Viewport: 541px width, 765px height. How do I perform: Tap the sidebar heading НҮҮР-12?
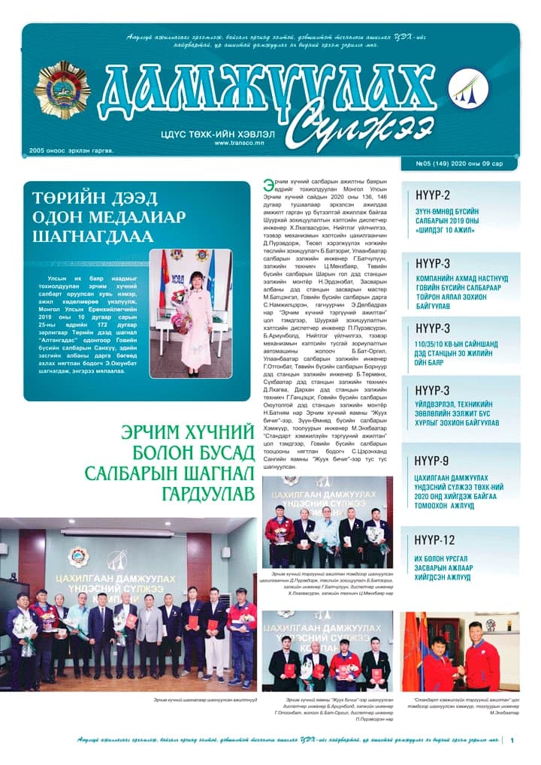click(435, 540)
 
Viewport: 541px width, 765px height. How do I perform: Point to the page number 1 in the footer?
click(512, 741)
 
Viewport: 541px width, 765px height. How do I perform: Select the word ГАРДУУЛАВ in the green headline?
click(207, 493)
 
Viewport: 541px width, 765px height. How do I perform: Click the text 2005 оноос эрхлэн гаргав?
click(71, 150)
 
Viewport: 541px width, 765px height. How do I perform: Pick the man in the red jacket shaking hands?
click(481, 661)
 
